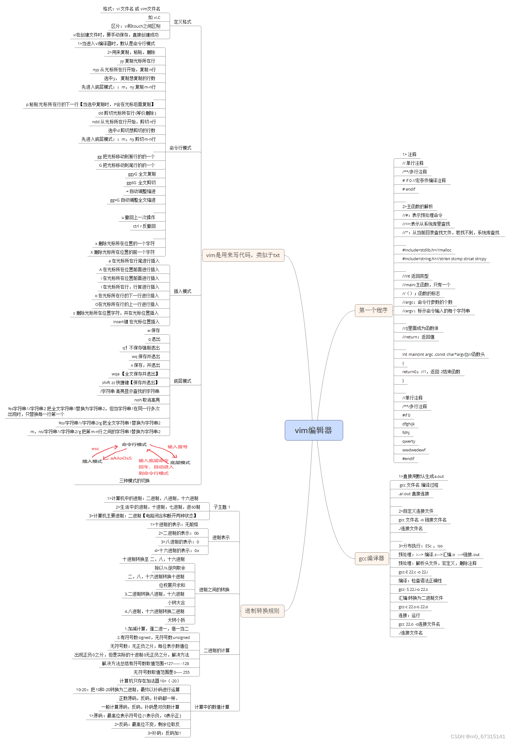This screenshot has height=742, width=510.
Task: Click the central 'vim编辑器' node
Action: (x=314, y=430)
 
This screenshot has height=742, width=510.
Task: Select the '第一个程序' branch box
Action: (x=373, y=310)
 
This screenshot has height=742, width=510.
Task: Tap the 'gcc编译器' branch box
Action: (x=371, y=559)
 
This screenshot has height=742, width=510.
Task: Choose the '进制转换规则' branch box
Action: (x=262, y=611)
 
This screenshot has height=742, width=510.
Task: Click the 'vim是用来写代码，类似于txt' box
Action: (x=243, y=255)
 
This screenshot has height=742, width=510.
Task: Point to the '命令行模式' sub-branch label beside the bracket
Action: (x=180, y=148)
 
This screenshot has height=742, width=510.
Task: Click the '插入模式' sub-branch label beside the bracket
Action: (x=182, y=291)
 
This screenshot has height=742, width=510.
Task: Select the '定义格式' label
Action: (x=182, y=22)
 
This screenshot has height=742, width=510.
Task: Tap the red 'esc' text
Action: (x=96, y=449)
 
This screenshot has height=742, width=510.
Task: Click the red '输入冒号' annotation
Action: (x=177, y=447)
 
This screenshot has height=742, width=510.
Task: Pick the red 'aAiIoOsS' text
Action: (x=121, y=458)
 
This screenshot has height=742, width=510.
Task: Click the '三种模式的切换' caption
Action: (x=134, y=481)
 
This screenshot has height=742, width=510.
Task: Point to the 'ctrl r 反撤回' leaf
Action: (x=145, y=226)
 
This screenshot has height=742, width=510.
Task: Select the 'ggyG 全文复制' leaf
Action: (x=142, y=174)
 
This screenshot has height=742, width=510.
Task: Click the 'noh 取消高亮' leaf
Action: (x=147, y=400)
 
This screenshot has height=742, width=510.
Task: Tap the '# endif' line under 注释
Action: (x=409, y=189)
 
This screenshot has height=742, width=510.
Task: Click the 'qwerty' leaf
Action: (x=409, y=441)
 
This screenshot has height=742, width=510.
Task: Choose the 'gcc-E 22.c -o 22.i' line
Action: (x=413, y=572)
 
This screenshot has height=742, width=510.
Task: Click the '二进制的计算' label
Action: (x=217, y=650)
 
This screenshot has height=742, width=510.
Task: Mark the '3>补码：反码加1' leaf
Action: (x=164, y=733)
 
